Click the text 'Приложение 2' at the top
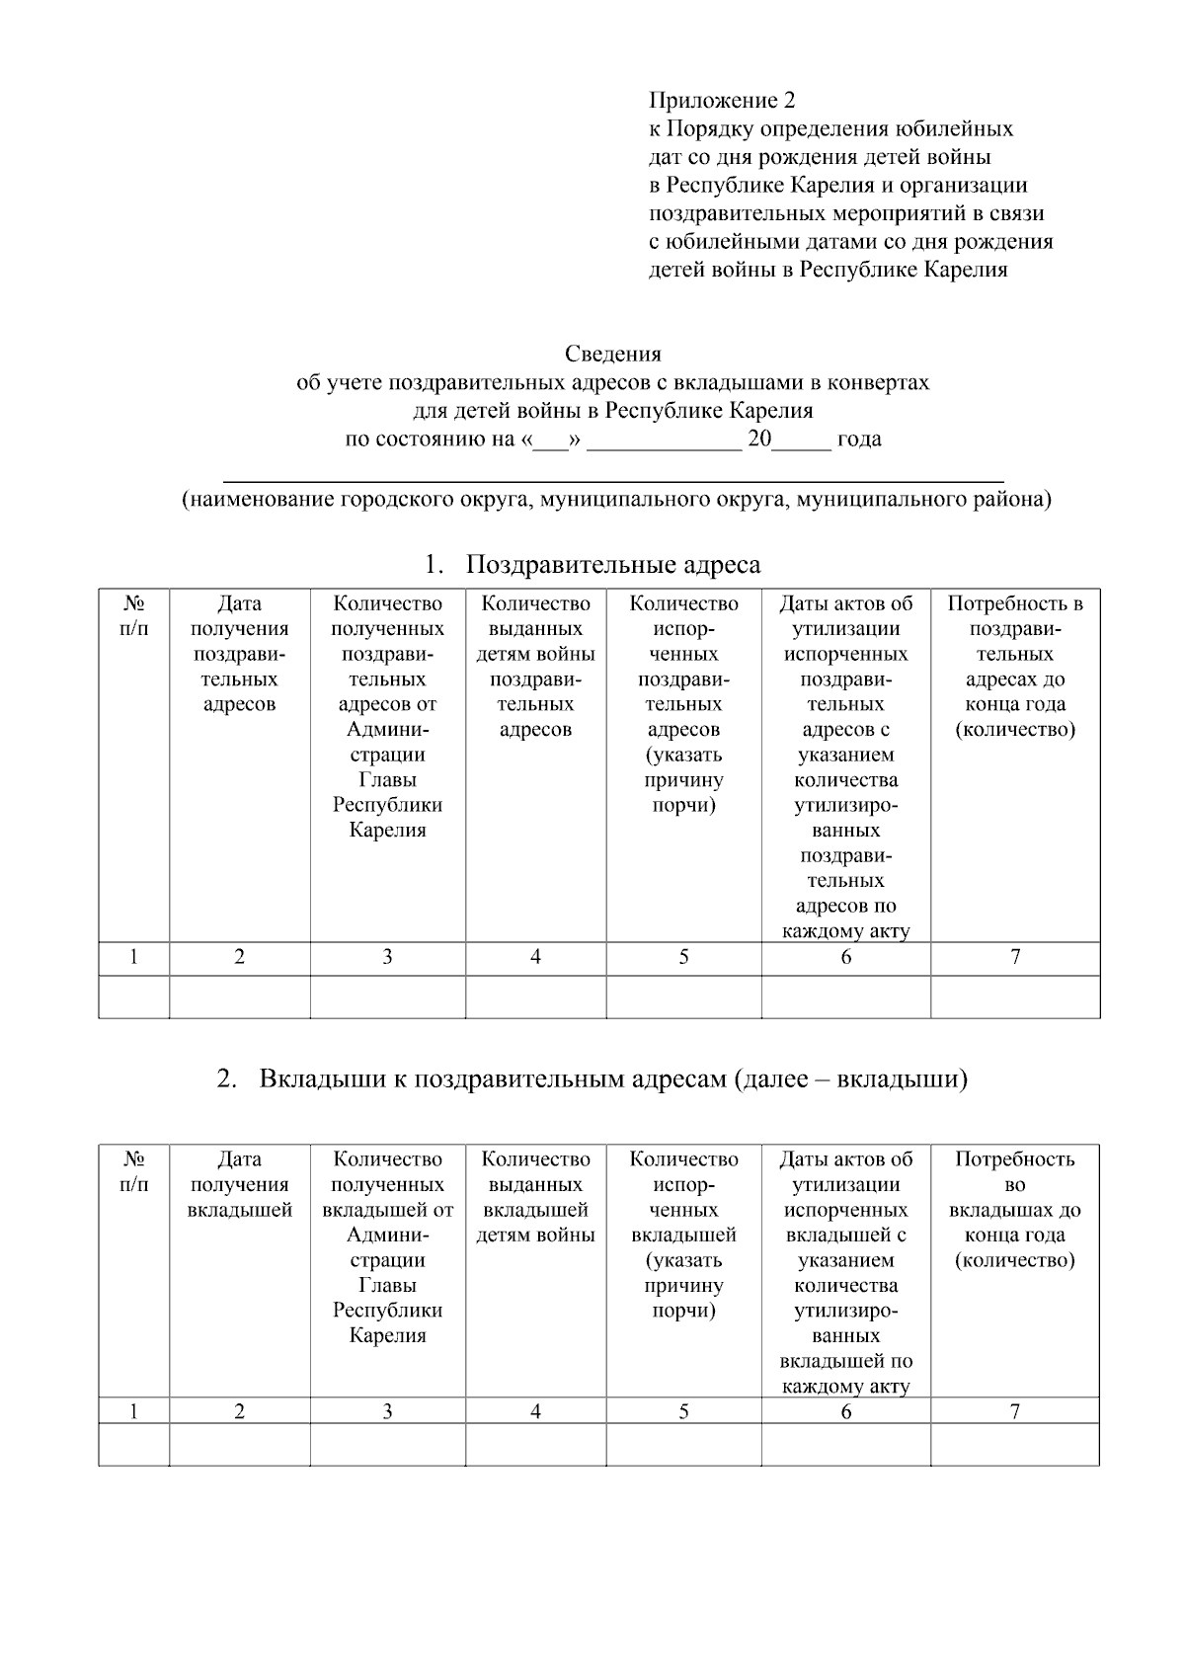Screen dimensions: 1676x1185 click(721, 101)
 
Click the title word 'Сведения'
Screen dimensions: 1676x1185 click(612, 354)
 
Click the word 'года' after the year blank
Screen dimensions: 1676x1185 click(858, 439)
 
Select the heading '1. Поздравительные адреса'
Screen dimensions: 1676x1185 click(592, 565)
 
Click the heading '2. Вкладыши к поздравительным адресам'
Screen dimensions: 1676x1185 click(592, 1078)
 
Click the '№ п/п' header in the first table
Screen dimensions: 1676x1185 click(134, 616)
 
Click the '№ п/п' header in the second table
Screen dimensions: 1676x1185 click(134, 1171)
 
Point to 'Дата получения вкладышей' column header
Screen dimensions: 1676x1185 click(239, 1184)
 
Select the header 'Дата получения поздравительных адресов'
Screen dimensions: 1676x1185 click(239, 654)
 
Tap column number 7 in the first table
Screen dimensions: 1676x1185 click(1014, 956)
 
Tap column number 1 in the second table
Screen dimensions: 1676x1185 click(134, 1411)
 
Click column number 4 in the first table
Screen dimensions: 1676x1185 click(535, 956)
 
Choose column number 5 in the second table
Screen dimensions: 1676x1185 click(683, 1411)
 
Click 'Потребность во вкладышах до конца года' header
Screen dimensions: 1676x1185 click(1014, 1210)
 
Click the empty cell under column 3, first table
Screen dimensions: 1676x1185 click(387, 997)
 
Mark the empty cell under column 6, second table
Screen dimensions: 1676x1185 click(845, 1444)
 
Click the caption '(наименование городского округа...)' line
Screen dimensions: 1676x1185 click(615, 500)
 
